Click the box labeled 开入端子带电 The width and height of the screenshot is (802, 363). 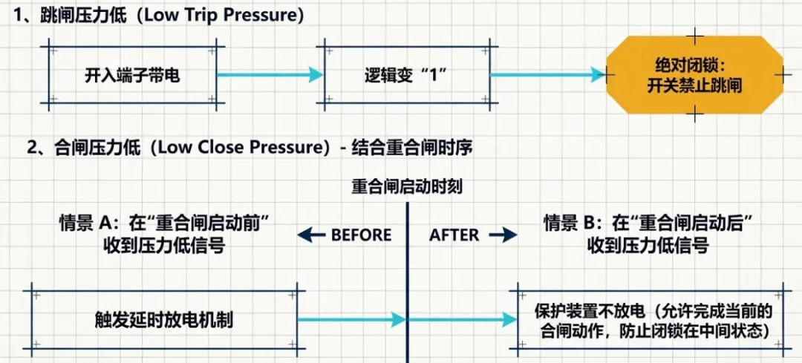(132, 76)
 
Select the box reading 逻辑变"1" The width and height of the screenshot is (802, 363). (405, 76)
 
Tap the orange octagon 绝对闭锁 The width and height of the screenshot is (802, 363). (694, 75)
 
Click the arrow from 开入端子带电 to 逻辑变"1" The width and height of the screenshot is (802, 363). (269, 74)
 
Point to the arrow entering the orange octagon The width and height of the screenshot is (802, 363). (546, 74)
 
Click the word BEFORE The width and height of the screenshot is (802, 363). (361, 235)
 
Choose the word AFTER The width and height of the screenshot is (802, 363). (454, 235)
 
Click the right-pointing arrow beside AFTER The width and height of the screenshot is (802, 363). (503, 235)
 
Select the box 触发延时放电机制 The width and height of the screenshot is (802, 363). (164, 320)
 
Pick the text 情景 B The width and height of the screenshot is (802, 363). (569, 222)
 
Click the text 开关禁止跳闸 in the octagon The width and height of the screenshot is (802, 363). (694, 86)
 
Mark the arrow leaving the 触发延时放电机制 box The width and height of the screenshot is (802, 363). (349, 320)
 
